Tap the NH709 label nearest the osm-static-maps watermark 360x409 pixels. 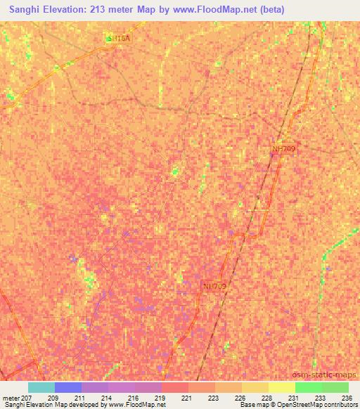214,285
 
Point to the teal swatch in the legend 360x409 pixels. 41,387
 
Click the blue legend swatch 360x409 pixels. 68,387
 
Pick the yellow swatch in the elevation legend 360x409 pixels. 255,387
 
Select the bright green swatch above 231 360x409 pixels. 309,387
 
